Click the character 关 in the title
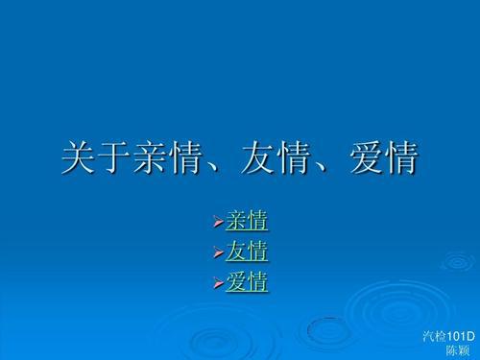(79, 158)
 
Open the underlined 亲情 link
(247, 221)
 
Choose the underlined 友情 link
(247, 252)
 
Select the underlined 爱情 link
(247, 282)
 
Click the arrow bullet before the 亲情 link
(217, 222)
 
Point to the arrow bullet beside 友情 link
(217, 252)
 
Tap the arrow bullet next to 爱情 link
(217, 283)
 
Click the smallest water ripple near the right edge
(454, 260)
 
